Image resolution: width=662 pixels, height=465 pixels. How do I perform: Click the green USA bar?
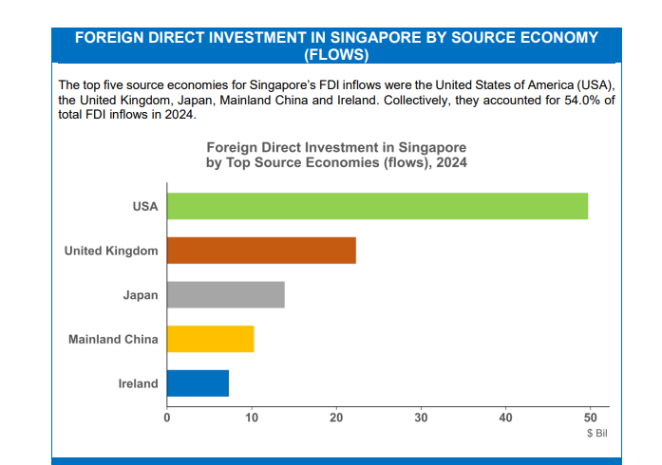point(377,206)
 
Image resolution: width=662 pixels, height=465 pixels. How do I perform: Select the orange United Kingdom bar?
point(261,251)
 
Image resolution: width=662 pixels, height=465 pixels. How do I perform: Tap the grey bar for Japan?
point(226,294)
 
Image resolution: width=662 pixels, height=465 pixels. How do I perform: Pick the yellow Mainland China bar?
point(211,339)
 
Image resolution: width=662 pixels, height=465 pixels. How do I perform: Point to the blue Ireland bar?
point(198,383)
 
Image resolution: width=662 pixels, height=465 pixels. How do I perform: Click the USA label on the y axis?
point(145,206)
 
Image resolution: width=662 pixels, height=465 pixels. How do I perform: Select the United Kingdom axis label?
point(111,251)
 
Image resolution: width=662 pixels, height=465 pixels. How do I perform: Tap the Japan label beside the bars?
point(141,295)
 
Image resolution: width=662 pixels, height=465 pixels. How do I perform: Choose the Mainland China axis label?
point(113,339)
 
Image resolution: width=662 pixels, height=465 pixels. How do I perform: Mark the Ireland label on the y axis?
point(138,383)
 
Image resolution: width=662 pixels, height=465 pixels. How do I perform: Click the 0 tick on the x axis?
point(167,418)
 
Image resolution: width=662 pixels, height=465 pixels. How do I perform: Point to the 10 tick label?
point(252,418)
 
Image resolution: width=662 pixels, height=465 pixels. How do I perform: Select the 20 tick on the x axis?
point(336,418)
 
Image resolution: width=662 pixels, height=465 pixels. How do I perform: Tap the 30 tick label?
point(421,418)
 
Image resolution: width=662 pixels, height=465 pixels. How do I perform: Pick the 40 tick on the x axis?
point(506,418)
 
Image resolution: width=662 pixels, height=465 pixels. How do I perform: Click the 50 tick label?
point(590,418)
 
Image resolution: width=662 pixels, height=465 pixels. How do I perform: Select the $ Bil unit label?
point(597,434)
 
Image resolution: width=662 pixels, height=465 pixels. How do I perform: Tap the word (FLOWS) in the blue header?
point(336,55)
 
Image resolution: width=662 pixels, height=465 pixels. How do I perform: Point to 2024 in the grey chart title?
point(452,162)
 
